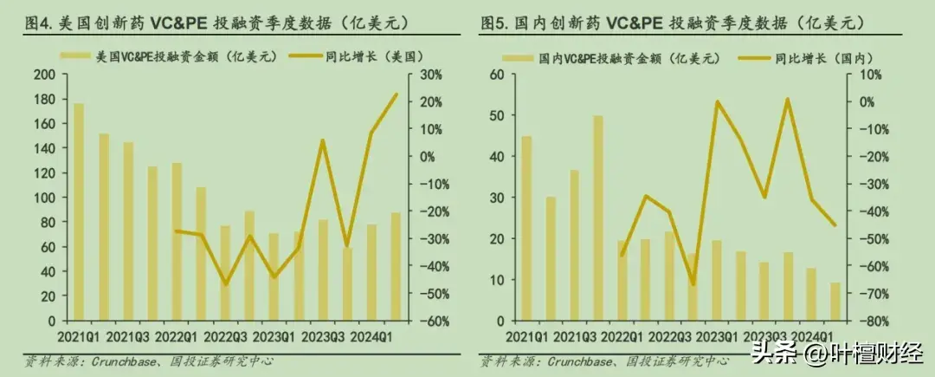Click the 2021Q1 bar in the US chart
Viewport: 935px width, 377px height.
tap(79, 211)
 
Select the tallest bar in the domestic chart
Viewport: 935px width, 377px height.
tap(597, 218)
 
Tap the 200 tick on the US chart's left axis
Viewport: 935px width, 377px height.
tap(42, 75)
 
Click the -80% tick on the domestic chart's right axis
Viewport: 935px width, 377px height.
tap(867, 321)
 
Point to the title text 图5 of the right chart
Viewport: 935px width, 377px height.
tap(496, 20)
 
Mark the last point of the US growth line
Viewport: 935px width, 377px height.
tap(396, 94)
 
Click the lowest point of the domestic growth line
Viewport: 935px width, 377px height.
tap(693, 284)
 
